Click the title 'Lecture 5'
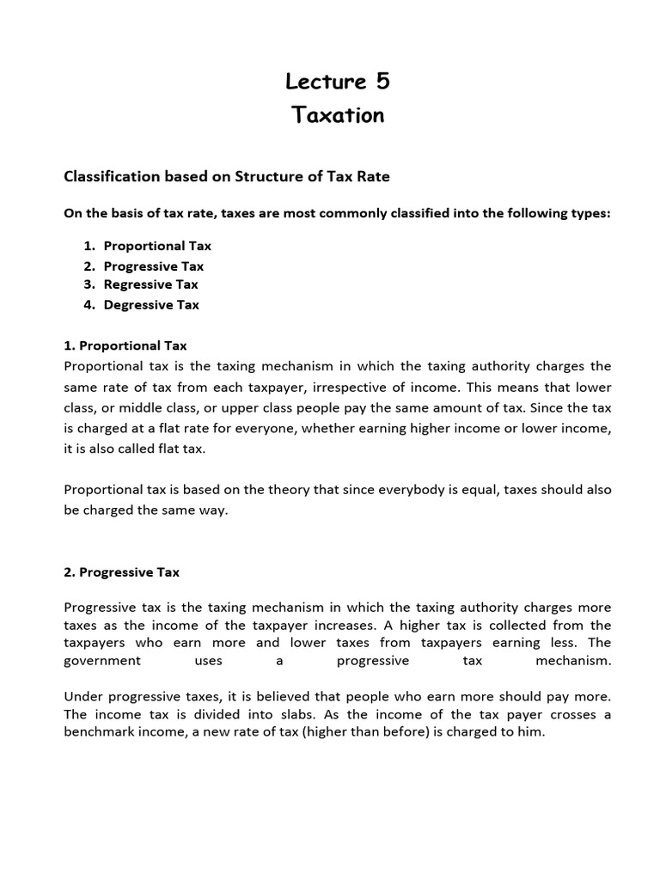pos(338,81)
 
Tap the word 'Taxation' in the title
pos(338,115)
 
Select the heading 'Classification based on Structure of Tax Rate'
pos(227,176)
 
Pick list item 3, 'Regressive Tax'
pos(150,284)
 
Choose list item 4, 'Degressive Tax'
pos(151,304)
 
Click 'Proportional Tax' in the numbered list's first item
pos(157,246)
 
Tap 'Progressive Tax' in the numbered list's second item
pos(154,266)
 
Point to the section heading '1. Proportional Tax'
pos(125,345)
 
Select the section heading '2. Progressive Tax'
pos(122,571)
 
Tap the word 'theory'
pos(287,489)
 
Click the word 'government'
pos(102,661)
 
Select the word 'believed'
pos(274,695)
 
